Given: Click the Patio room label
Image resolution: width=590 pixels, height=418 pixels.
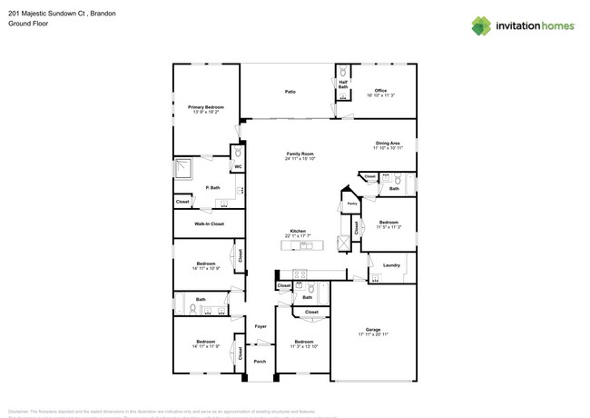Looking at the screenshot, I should tap(290, 92).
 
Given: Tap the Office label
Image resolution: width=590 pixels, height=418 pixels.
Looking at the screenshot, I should tap(380, 90).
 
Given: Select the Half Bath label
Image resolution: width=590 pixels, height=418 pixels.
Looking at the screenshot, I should tap(343, 85).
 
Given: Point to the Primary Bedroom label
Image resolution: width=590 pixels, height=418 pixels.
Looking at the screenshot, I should tap(206, 107).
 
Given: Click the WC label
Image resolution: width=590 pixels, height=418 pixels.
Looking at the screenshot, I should tap(238, 167).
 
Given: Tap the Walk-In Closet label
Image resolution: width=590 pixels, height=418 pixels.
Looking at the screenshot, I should tap(209, 223).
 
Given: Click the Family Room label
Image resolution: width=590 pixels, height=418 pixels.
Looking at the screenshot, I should tap(300, 154).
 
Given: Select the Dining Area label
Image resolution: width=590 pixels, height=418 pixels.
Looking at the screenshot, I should tap(388, 144).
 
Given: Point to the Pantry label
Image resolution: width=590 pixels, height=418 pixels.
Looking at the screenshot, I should tap(351, 204).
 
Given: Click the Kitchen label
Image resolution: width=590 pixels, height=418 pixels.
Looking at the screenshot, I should tap(298, 231).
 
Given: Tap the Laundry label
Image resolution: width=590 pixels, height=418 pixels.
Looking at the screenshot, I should tap(391, 265).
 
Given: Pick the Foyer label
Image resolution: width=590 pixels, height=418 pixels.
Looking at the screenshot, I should tap(260, 325).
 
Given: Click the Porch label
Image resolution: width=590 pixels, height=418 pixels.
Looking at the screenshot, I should tap(260, 361).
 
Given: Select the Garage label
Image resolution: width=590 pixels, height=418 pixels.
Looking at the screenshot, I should tap(373, 329).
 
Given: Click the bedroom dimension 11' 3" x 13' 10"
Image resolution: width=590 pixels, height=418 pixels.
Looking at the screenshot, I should tap(303, 346).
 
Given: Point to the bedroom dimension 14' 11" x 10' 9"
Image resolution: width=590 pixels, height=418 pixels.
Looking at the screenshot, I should tap(206, 269).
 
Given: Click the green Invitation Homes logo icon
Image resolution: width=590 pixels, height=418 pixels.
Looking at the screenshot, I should tap(481, 25).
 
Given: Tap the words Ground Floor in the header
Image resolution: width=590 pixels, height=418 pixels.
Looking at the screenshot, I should tap(28, 24).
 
